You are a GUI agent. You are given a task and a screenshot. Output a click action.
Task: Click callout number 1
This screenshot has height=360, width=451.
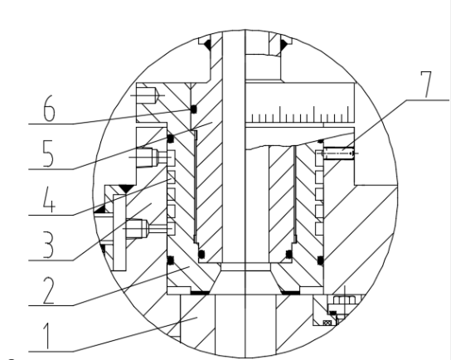48,336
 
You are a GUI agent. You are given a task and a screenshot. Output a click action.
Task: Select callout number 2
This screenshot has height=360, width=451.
48,290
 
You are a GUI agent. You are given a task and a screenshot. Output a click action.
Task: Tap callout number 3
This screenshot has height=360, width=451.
48,246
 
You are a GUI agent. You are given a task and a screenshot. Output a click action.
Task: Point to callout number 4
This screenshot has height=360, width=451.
49,199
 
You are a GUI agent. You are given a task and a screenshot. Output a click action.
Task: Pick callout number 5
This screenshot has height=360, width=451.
48,153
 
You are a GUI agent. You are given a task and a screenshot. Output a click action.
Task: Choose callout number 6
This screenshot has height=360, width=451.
49,108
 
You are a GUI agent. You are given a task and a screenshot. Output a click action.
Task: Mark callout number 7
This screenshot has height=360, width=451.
426,84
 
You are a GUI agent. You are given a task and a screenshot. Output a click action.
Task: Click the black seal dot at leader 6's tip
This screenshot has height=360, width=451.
193,109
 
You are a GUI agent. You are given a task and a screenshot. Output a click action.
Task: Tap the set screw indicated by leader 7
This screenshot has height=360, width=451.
339,153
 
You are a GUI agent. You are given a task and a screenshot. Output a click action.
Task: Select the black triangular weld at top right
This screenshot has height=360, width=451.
284,44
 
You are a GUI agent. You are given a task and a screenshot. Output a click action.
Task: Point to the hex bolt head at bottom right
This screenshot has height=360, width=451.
344,300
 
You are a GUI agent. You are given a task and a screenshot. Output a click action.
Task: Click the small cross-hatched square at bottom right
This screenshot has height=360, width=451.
327,323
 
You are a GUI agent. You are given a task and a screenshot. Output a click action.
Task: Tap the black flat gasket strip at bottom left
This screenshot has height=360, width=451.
200,293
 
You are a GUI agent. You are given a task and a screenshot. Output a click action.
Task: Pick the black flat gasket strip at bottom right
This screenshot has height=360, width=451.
290,293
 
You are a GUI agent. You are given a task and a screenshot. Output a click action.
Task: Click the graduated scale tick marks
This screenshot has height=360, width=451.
300,114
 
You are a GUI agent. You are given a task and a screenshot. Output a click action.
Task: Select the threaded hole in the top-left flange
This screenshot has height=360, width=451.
148,95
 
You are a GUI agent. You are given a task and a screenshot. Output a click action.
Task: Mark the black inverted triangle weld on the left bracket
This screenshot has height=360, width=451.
126,189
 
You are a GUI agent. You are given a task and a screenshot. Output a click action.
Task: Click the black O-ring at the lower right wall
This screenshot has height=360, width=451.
320,260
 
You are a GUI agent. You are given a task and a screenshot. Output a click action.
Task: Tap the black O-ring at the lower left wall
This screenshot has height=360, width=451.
171,260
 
